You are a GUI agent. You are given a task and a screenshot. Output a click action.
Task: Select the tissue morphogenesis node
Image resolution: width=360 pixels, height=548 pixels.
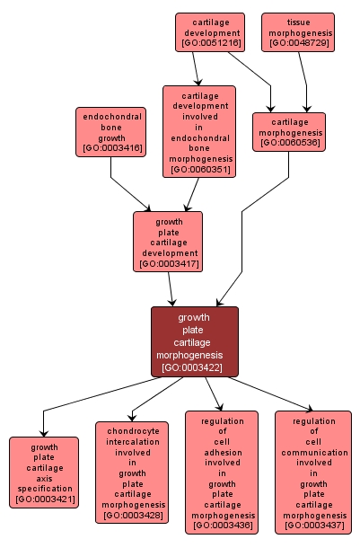click(298, 31)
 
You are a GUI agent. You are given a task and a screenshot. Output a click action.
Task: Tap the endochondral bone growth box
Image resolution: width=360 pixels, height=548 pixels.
click(110, 132)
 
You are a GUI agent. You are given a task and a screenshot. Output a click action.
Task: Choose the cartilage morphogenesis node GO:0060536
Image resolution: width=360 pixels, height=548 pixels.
click(288, 132)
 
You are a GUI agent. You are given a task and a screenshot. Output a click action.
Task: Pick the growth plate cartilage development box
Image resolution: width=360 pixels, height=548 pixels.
click(168, 241)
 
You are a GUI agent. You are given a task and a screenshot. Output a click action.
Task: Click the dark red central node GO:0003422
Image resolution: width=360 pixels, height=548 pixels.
click(194, 341)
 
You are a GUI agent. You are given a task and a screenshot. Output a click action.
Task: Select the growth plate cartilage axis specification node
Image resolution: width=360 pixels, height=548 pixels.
click(45, 473)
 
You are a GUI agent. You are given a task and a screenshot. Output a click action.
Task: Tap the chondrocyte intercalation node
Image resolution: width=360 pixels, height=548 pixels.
click(131, 473)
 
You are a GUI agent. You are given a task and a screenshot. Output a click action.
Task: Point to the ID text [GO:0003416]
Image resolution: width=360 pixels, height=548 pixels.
click(110, 146)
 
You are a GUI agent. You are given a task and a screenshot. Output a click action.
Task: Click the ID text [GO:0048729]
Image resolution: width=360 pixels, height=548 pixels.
click(298, 42)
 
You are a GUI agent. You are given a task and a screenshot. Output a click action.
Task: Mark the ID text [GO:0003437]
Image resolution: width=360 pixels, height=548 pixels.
click(313, 526)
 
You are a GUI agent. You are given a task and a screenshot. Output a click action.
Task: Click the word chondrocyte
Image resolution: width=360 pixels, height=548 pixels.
click(131, 430)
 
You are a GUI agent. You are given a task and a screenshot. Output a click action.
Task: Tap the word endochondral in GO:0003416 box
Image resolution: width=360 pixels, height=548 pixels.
click(110, 116)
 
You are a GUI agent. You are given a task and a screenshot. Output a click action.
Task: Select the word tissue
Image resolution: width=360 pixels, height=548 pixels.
click(298, 21)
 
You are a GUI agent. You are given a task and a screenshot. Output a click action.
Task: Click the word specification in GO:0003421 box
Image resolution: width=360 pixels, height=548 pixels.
click(45, 489)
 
